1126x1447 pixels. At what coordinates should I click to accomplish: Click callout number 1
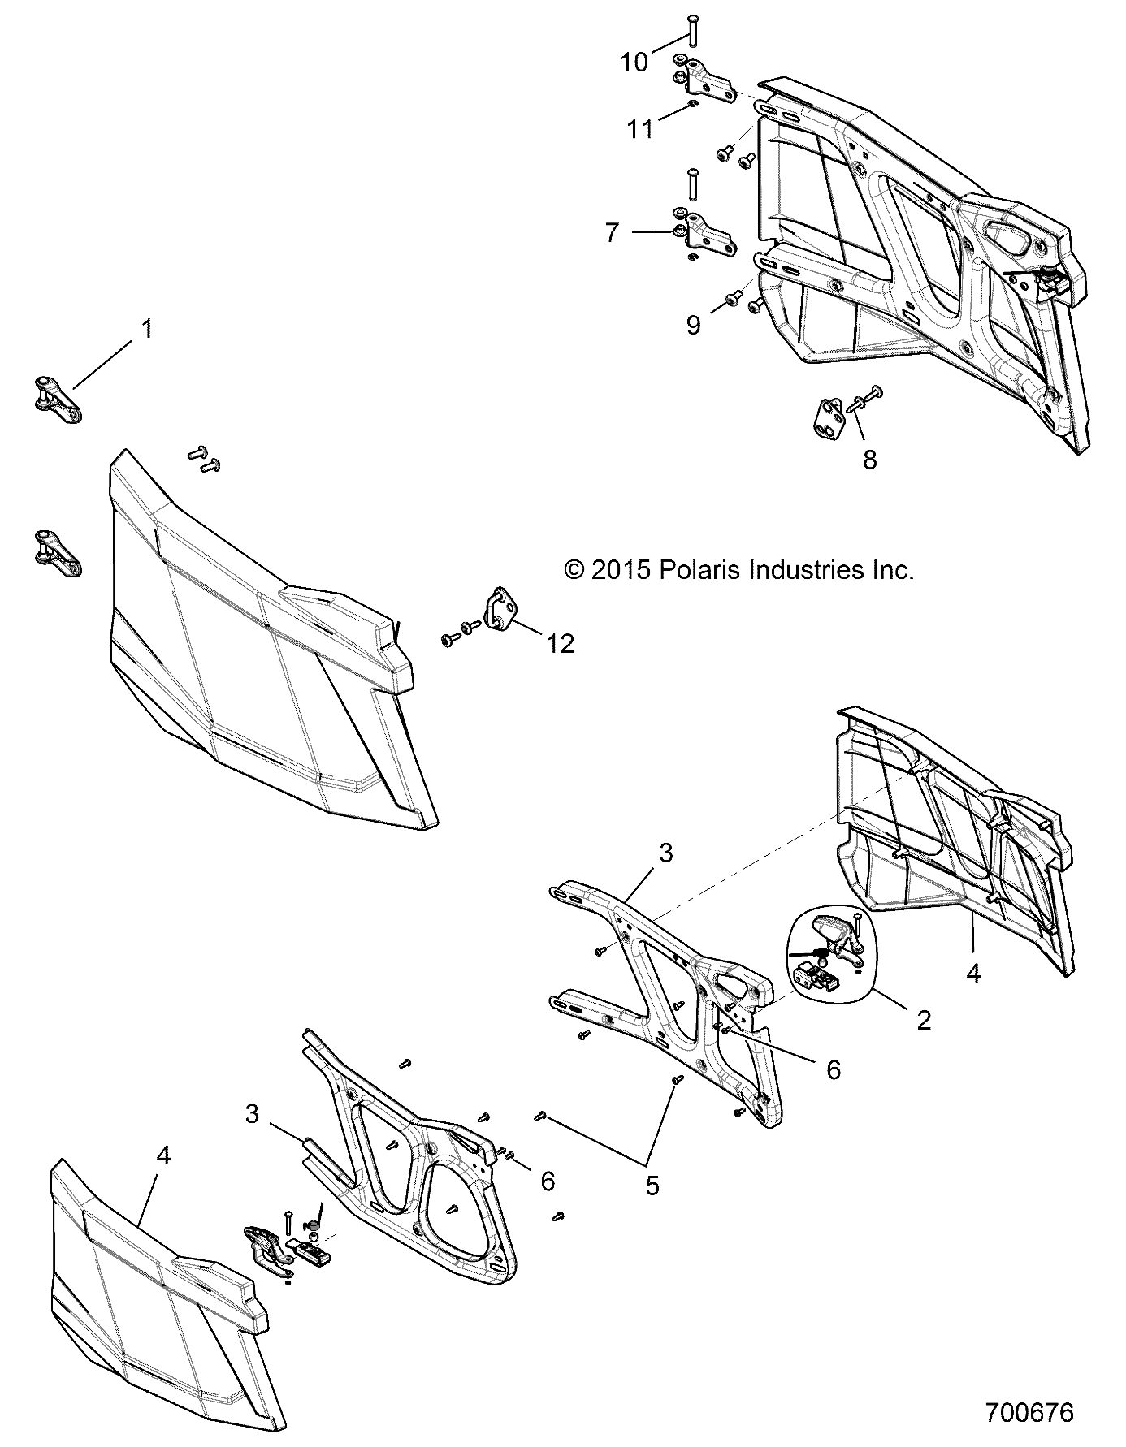point(147,330)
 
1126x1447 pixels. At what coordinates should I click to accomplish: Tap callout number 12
point(561,643)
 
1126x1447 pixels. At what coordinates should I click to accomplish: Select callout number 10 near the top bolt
point(634,61)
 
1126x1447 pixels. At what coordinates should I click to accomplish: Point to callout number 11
point(639,129)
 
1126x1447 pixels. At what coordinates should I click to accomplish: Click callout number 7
point(612,233)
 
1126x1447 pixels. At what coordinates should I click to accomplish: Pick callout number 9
point(693,325)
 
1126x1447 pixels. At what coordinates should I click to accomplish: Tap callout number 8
point(869,460)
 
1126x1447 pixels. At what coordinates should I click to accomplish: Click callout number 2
point(923,1021)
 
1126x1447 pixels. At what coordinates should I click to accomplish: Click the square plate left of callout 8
point(829,418)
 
